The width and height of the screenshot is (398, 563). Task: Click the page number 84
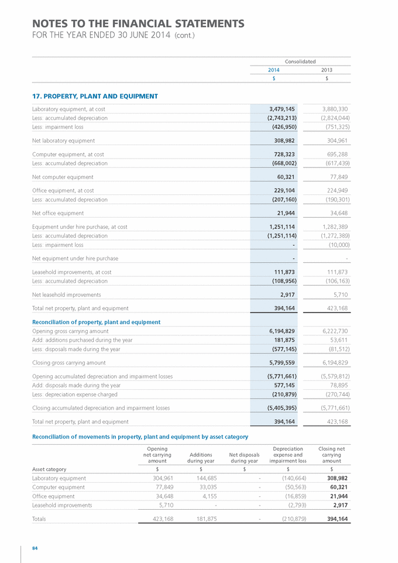(35, 548)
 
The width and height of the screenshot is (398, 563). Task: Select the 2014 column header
(273, 70)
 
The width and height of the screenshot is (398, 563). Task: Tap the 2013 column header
(327, 70)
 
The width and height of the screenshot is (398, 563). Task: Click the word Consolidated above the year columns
(300, 61)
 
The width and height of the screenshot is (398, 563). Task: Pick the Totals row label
(39, 519)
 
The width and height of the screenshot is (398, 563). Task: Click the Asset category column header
(49, 469)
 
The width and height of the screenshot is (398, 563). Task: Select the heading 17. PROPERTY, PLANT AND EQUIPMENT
(95, 96)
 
